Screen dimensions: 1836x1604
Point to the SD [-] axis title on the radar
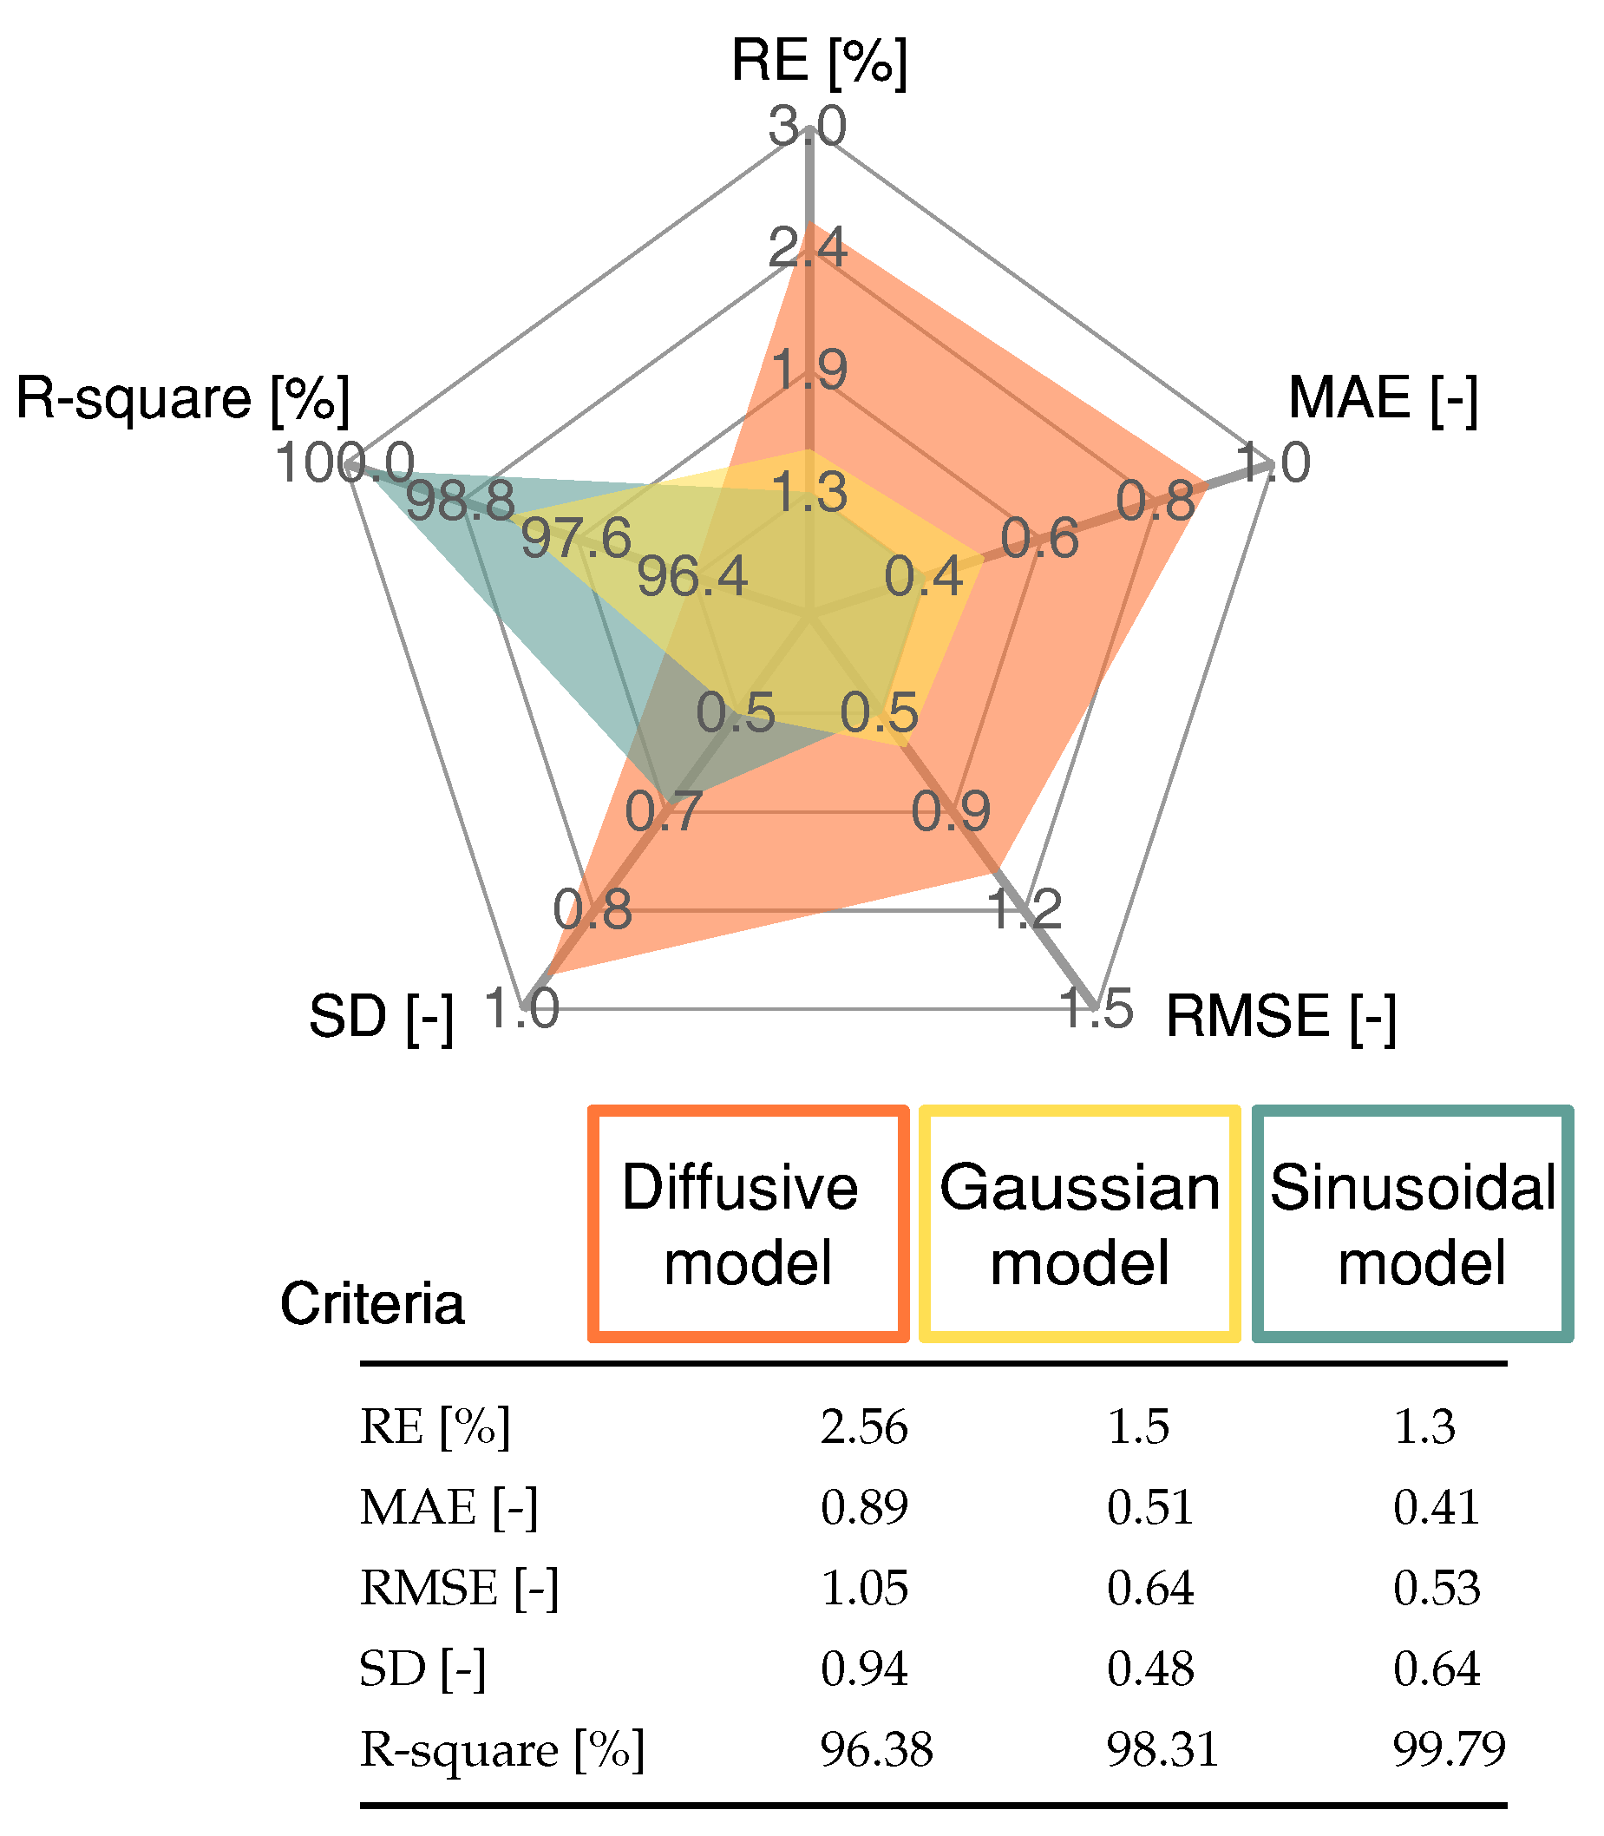tap(382, 1017)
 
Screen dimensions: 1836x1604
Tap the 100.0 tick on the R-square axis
tap(344, 463)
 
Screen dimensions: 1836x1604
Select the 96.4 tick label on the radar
tap(692, 576)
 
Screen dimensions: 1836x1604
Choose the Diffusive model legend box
tap(749, 1225)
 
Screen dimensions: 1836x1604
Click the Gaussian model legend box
tap(1079, 1225)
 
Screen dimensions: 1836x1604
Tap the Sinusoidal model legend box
tap(1412, 1225)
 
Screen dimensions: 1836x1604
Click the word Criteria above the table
tap(372, 1303)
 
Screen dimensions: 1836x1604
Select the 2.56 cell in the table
tap(864, 1427)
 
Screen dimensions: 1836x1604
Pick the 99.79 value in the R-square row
tap(1449, 1749)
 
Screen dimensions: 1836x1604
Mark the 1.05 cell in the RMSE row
tap(864, 1588)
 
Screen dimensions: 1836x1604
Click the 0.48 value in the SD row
tap(1150, 1669)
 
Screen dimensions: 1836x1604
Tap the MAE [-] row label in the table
tap(448, 1507)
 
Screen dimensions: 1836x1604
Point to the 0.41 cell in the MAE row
tap(1436, 1507)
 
